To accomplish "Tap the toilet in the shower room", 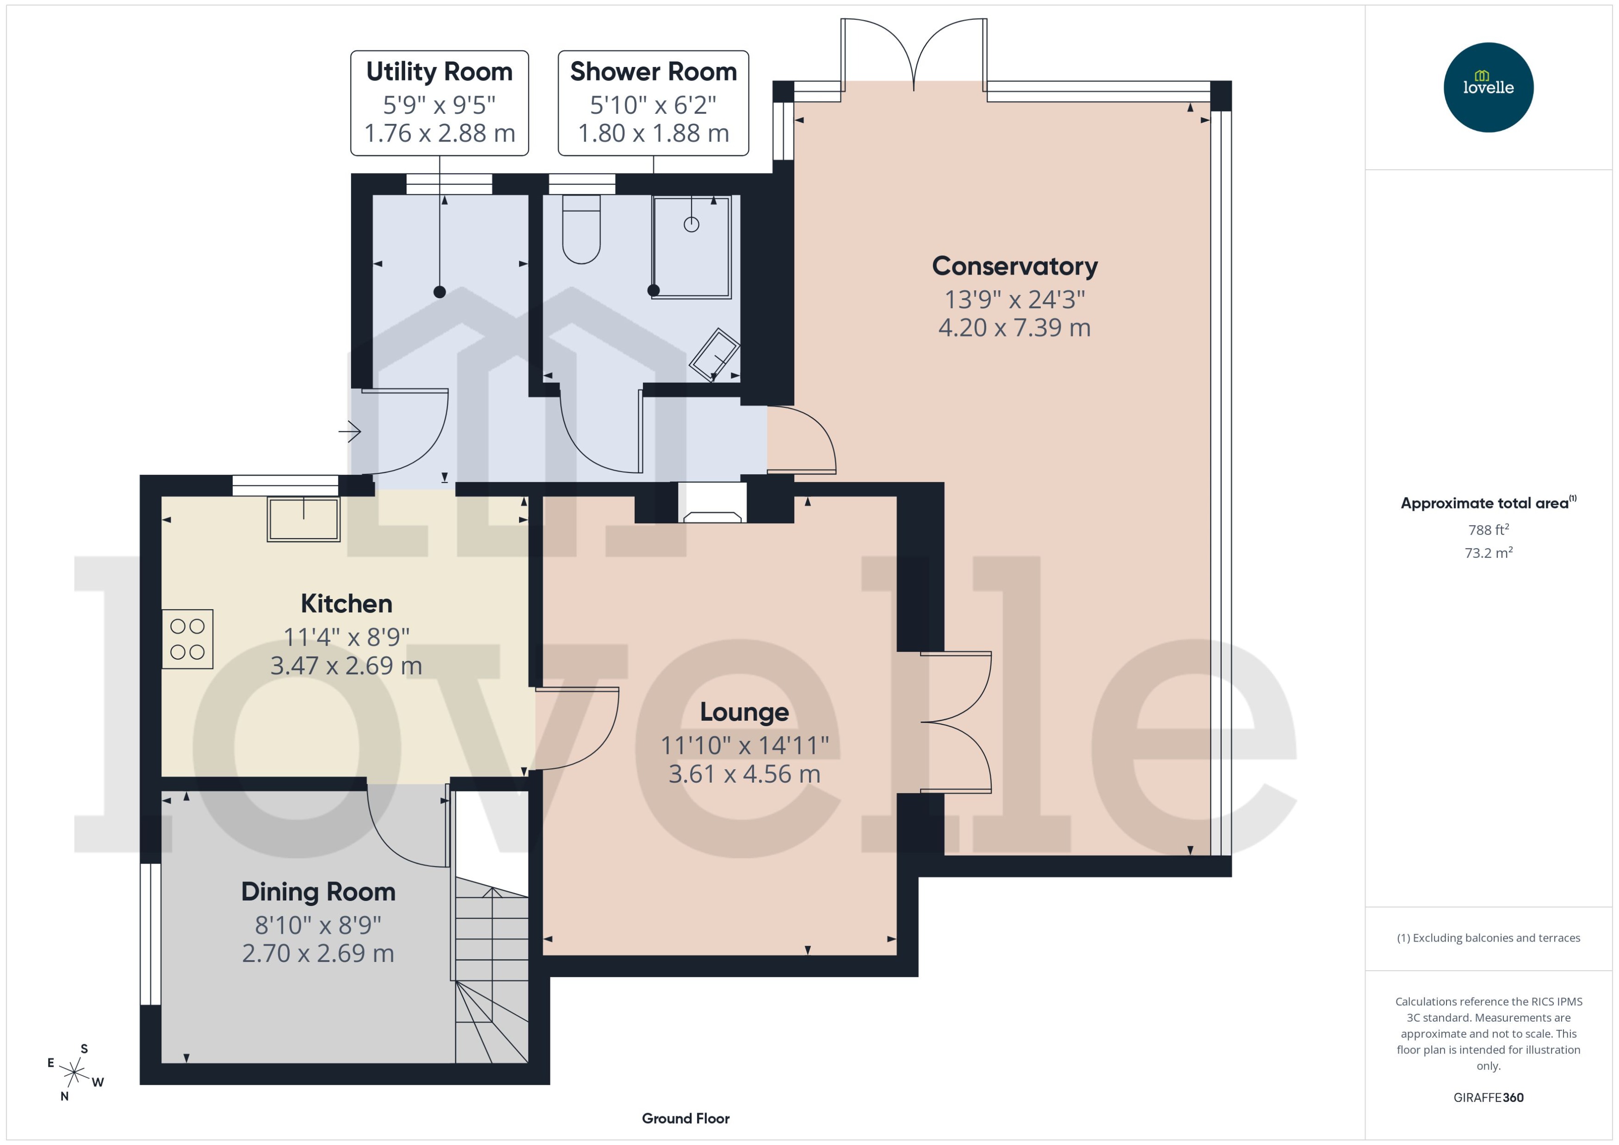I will [581, 231].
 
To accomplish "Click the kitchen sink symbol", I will [303, 520].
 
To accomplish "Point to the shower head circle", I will [692, 224].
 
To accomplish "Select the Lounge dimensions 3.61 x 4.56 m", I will [744, 774].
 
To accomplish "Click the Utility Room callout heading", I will [439, 72].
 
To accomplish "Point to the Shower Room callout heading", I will [653, 72].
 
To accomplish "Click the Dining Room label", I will [318, 892].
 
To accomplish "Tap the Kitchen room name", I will [346, 604].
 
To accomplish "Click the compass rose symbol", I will [74, 1073].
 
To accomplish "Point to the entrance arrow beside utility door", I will [350, 431].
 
